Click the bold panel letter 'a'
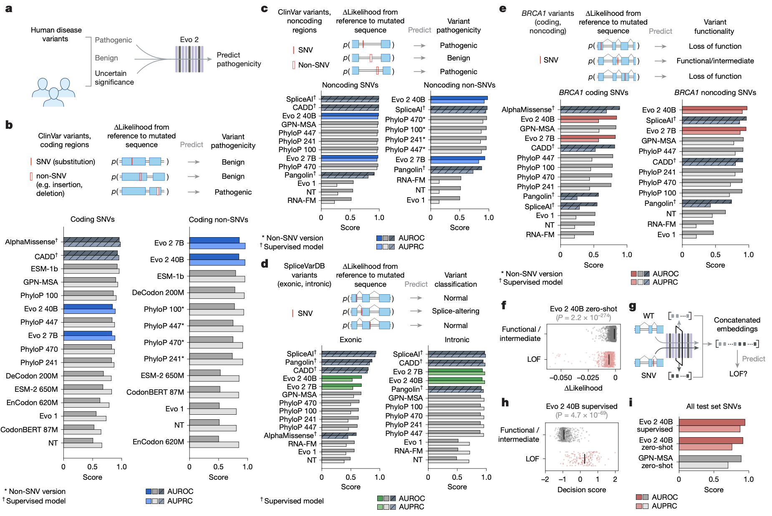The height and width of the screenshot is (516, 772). [x=9, y=9]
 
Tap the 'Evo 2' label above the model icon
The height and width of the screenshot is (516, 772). [x=189, y=40]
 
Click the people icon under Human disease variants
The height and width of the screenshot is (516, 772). [x=53, y=92]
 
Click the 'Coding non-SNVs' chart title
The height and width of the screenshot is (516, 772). [x=218, y=220]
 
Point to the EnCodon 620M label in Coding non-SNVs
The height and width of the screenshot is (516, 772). [x=158, y=442]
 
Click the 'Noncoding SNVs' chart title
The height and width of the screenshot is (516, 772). [x=350, y=85]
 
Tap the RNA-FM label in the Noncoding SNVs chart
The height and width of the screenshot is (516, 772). [x=301, y=200]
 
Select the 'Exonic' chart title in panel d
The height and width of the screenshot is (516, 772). [x=351, y=340]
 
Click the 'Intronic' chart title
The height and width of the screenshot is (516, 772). [x=457, y=340]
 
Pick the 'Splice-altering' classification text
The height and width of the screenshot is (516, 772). [x=455, y=311]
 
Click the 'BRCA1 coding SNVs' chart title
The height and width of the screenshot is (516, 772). [x=593, y=93]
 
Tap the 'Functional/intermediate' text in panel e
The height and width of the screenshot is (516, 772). [x=715, y=61]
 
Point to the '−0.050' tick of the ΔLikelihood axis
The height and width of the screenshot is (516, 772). [x=560, y=378]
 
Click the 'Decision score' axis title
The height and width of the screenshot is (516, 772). [x=581, y=490]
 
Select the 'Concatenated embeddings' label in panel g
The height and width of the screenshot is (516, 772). [x=737, y=324]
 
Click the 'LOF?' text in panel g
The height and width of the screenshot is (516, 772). [x=738, y=374]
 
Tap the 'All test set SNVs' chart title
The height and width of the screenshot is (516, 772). [x=714, y=406]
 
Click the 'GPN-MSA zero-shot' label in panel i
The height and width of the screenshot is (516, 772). [x=655, y=462]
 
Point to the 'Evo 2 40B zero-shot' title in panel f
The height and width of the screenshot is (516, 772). [x=583, y=309]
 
